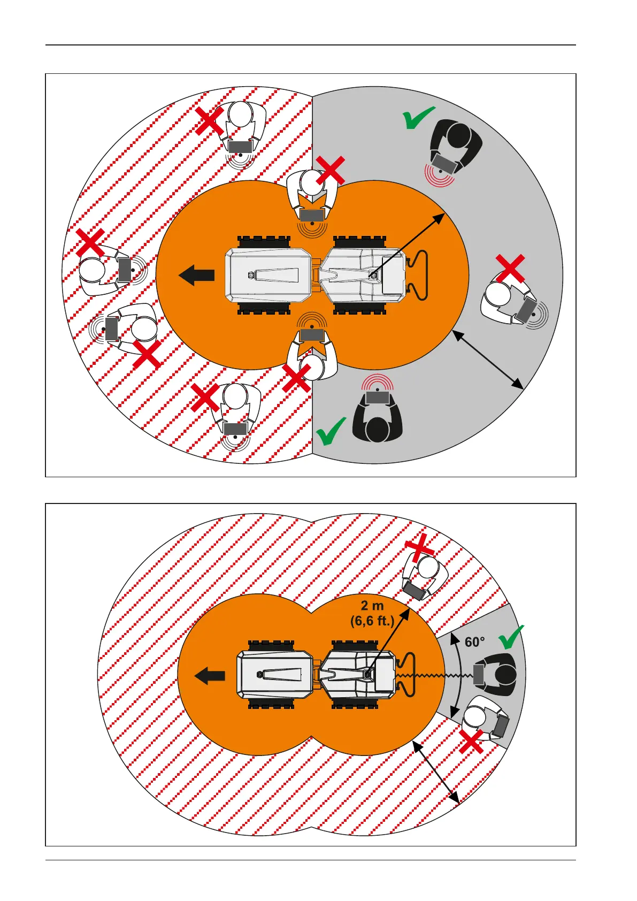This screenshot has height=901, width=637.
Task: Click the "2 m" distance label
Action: [372, 606]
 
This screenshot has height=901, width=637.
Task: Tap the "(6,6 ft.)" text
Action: [372, 621]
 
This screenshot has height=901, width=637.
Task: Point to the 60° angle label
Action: [474, 642]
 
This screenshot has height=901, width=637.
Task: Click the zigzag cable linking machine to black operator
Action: [439, 676]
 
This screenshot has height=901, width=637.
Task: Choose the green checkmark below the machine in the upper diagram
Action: [331, 432]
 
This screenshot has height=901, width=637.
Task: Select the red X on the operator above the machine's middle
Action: [331, 171]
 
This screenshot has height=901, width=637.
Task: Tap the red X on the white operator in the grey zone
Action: [510, 269]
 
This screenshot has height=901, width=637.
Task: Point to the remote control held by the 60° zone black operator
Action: [479, 675]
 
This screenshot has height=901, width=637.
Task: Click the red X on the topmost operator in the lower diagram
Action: [420, 547]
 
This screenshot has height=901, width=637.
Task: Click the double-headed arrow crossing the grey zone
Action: [487, 360]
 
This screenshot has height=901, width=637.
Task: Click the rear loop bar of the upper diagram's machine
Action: [420, 275]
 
